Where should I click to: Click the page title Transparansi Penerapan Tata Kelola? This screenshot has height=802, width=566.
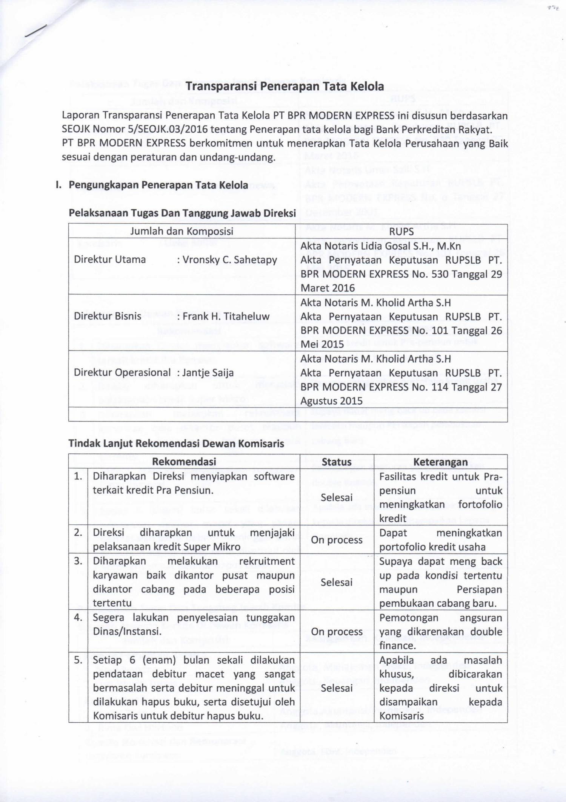click(x=285, y=87)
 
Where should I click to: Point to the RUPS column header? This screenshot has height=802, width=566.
click(x=401, y=232)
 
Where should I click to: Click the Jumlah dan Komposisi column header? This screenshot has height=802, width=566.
click(x=181, y=231)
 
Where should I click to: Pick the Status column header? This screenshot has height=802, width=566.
click(x=336, y=462)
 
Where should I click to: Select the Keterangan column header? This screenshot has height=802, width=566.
click(x=440, y=462)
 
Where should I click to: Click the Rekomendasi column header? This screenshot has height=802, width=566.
click(x=184, y=462)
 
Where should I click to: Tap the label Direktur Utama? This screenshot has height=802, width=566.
click(x=110, y=260)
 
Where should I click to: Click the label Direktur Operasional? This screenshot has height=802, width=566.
click(x=122, y=372)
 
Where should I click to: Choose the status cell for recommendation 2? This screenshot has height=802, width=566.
click(x=337, y=540)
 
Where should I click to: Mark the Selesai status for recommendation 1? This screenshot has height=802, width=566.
click(x=337, y=498)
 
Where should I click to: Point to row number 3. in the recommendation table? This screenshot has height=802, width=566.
click(x=78, y=561)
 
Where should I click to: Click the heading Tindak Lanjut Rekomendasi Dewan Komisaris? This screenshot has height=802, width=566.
click(x=176, y=443)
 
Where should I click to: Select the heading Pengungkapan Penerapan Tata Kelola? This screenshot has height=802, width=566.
click(x=158, y=185)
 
